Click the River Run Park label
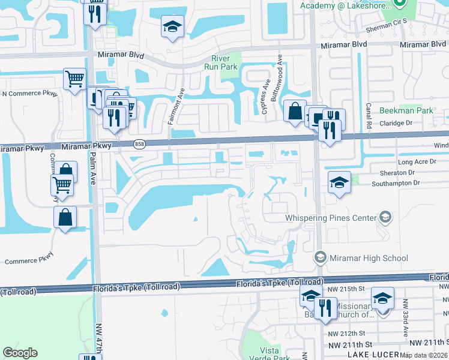[224, 62]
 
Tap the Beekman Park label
[406, 110]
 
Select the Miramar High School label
[369, 258]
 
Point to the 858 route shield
[140, 144]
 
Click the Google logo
[20, 353]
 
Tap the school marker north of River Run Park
[172, 27]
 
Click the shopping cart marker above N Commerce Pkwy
[75, 79]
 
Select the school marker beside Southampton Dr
[339, 182]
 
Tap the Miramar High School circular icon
[320, 258]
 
